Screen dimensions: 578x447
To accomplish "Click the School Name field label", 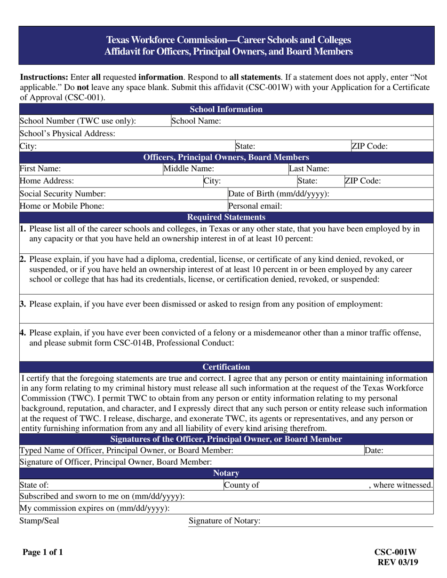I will pyautogui.click(x=196, y=121).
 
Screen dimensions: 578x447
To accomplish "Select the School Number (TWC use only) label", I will pyautogui.click(x=78, y=121).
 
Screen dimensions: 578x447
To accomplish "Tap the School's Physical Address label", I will pyautogui.click(x=67, y=133).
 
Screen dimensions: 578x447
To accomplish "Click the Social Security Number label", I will pyautogui.click(x=63, y=194).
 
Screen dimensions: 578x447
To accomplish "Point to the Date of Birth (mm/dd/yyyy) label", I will pyautogui.click(x=279, y=194).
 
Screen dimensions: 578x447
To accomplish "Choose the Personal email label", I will pyautogui.click(x=255, y=205).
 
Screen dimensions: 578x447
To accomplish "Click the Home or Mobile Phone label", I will pyautogui.click(x=62, y=205).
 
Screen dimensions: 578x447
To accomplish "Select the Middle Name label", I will pyautogui.click(x=189, y=169).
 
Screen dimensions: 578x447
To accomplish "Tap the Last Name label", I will pyautogui.click(x=309, y=169).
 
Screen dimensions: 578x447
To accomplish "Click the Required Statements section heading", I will pyautogui.click(x=226, y=217).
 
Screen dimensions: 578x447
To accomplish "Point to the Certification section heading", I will pyautogui.click(x=226, y=367).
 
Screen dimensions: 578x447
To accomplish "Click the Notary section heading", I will pyautogui.click(x=226, y=473).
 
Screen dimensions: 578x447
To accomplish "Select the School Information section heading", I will pyautogui.click(x=226, y=109).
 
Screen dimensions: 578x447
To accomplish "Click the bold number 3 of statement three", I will pyautogui.click(x=23, y=304).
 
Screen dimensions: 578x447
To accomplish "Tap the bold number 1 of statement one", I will pyautogui.click(x=23, y=229).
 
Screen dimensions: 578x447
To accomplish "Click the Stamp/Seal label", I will pyautogui.click(x=39, y=521).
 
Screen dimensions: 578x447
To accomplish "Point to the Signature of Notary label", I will pyautogui.click(x=224, y=521).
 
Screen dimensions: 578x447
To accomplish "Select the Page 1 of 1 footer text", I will pyautogui.click(x=43, y=553).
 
